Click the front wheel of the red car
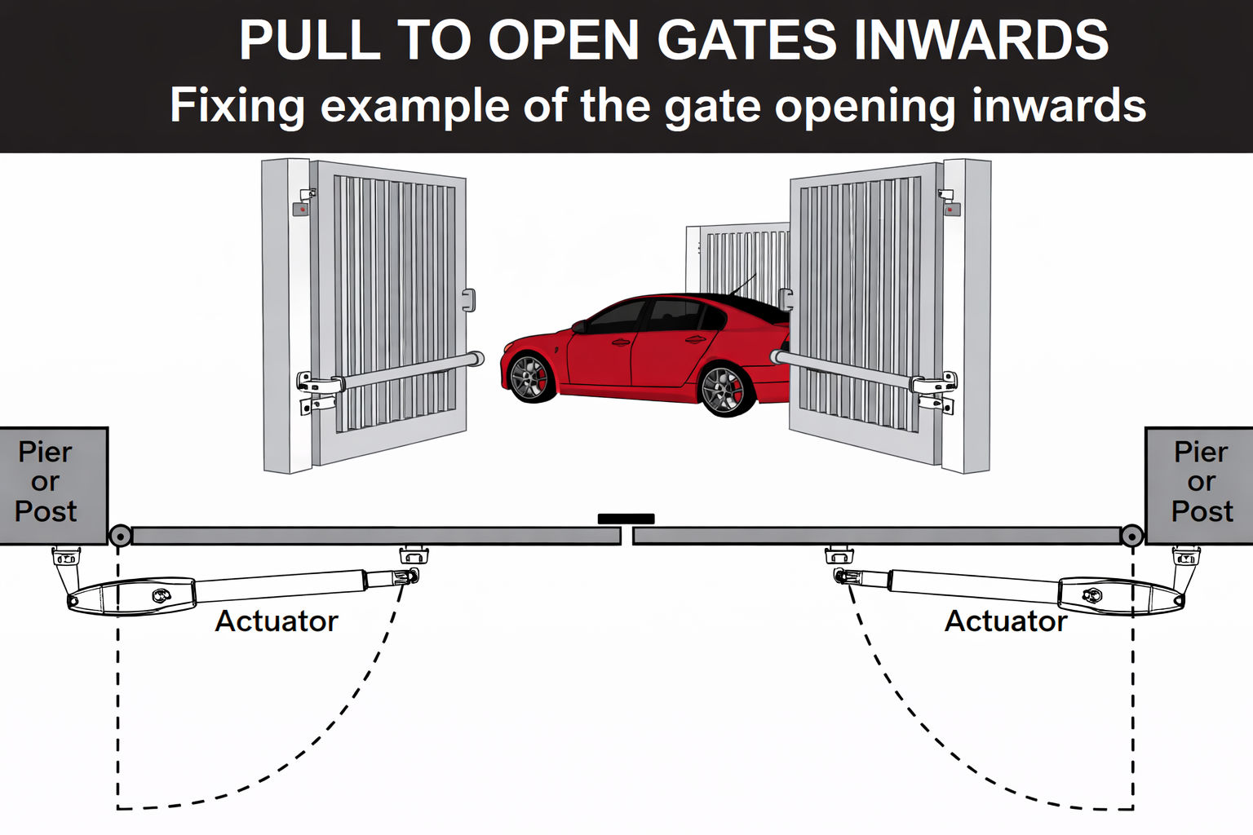click(x=532, y=377)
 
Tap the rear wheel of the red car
click(x=724, y=390)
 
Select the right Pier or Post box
click(x=1200, y=484)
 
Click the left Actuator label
click(x=276, y=621)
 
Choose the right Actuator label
click(x=1005, y=621)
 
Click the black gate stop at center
click(x=626, y=519)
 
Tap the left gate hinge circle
click(x=120, y=536)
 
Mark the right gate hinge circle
click(x=1131, y=536)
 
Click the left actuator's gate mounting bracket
click(x=414, y=556)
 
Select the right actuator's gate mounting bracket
click(x=839, y=556)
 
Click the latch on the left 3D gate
click(x=468, y=300)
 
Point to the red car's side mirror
click(x=579, y=326)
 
